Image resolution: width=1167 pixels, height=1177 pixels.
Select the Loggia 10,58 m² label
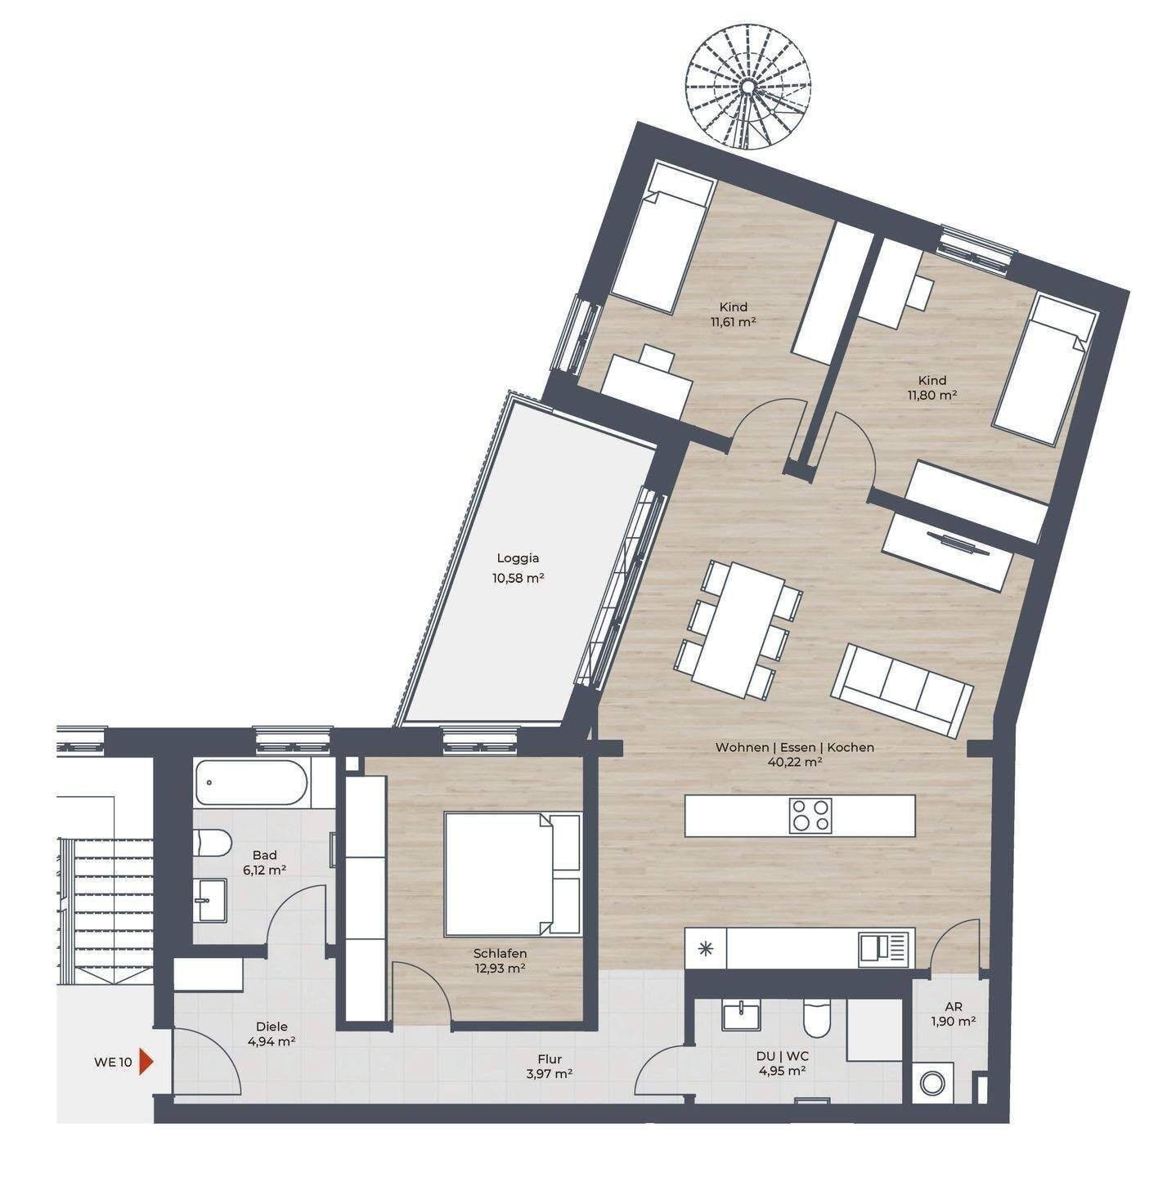tap(518, 567)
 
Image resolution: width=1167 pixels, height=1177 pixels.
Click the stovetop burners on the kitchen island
tap(811, 815)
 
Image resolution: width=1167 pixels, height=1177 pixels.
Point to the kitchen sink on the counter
tap(886, 947)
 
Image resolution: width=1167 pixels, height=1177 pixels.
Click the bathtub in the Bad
tap(252, 783)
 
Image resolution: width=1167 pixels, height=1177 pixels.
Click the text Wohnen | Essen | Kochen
tap(795, 747)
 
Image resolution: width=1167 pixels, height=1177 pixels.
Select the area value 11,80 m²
tap(931, 395)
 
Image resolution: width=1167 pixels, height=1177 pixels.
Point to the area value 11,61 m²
tap(733, 321)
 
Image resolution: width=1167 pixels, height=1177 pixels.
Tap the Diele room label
tap(272, 1027)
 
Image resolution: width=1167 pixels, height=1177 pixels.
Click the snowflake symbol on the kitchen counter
tap(706, 947)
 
